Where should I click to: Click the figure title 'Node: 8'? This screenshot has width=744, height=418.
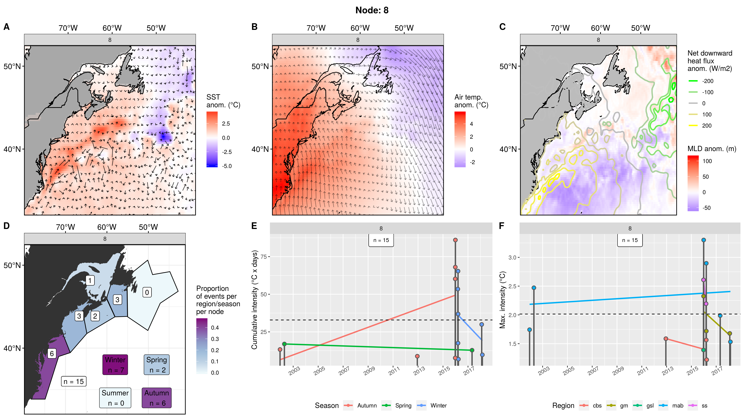pos(372,10)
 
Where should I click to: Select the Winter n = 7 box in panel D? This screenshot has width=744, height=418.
pos(115,365)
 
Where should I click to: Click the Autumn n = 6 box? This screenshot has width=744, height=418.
pos(157,398)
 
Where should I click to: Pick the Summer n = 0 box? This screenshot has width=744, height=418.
pos(115,398)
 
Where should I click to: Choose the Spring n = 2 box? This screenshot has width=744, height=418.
pos(157,365)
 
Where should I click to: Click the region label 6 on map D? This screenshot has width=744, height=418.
pos(52,353)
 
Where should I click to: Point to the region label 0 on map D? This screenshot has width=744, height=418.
pos(147,292)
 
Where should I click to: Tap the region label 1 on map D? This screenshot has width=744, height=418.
pos(90,280)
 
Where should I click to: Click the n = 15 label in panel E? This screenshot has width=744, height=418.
pos(381,240)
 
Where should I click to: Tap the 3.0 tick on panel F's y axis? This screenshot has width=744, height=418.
pos(512,257)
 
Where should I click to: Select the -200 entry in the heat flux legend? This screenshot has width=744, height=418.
pos(708,81)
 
